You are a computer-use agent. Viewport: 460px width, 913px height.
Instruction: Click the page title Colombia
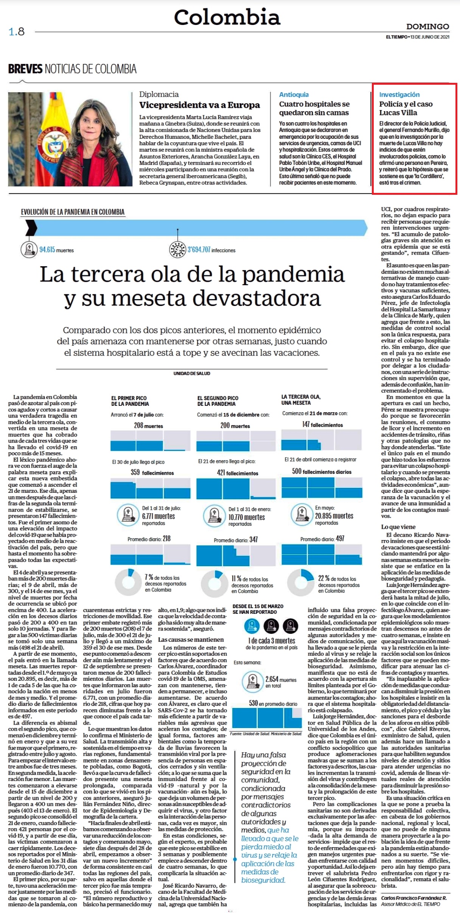227,17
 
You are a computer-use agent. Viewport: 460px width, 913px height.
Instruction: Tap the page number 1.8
17,31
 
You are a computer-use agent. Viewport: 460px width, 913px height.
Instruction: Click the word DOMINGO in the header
428,26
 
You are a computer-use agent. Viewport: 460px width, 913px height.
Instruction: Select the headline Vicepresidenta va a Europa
199,105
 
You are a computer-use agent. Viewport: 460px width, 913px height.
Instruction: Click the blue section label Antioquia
294,95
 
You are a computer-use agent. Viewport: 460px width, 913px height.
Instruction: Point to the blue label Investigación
399,95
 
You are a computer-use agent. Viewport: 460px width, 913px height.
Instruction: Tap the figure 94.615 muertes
56,250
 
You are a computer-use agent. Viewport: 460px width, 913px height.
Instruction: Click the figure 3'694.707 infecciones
211,250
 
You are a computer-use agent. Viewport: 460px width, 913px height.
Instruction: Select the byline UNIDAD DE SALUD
192,373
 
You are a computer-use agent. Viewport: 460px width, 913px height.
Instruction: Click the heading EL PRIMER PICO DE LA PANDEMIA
130,401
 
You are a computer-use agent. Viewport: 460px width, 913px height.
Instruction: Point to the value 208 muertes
148,425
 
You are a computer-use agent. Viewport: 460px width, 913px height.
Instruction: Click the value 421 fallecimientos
238,473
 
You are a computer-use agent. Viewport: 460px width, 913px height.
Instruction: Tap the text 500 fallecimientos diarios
322,471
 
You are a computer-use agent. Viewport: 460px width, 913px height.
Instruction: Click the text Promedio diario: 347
235,540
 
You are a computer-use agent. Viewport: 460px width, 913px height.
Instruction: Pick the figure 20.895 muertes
334,516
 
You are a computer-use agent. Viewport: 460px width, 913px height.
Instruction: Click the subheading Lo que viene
398,527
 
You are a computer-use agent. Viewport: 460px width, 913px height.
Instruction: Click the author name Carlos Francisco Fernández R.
414,898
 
